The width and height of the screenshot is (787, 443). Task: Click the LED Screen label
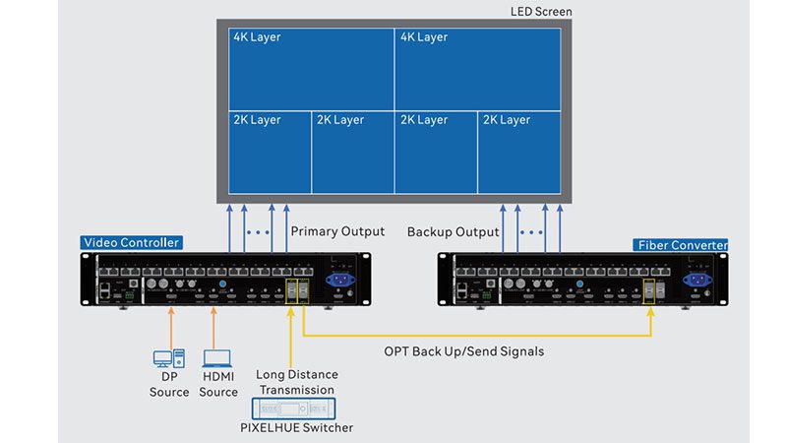click(541, 12)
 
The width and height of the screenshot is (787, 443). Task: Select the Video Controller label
click(132, 243)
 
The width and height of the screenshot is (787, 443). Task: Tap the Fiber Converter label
click(683, 245)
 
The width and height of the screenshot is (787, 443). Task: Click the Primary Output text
click(337, 232)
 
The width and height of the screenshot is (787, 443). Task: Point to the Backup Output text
click(453, 232)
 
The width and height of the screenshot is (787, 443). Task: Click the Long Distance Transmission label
click(296, 382)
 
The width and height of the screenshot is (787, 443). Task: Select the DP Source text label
click(169, 385)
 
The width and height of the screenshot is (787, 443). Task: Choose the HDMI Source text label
click(218, 385)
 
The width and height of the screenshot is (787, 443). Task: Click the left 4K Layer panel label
click(257, 37)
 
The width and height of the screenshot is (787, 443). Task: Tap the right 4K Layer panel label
click(423, 37)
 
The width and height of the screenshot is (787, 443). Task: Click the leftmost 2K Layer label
click(257, 120)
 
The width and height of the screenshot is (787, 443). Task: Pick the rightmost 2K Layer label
click(506, 120)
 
